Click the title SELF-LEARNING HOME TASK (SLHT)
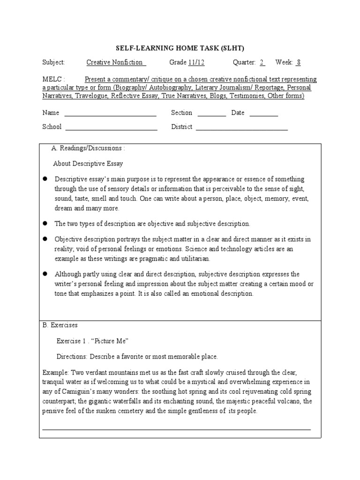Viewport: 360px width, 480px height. [x=180, y=48]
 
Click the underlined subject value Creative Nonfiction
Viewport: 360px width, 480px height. [x=117, y=62]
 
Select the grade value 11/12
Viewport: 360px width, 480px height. [x=196, y=62]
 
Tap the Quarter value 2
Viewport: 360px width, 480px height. [x=262, y=62]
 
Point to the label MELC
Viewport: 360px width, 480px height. [x=52, y=79]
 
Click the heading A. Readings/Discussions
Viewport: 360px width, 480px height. [x=88, y=149]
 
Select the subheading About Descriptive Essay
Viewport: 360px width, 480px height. [x=88, y=164]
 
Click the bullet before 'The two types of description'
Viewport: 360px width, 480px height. [x=46, y=224]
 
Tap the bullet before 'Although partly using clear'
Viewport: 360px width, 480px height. [x=46, y=274]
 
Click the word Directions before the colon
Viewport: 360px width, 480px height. [x=71, y=356]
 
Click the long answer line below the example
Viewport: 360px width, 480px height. [x=176, y=428]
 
